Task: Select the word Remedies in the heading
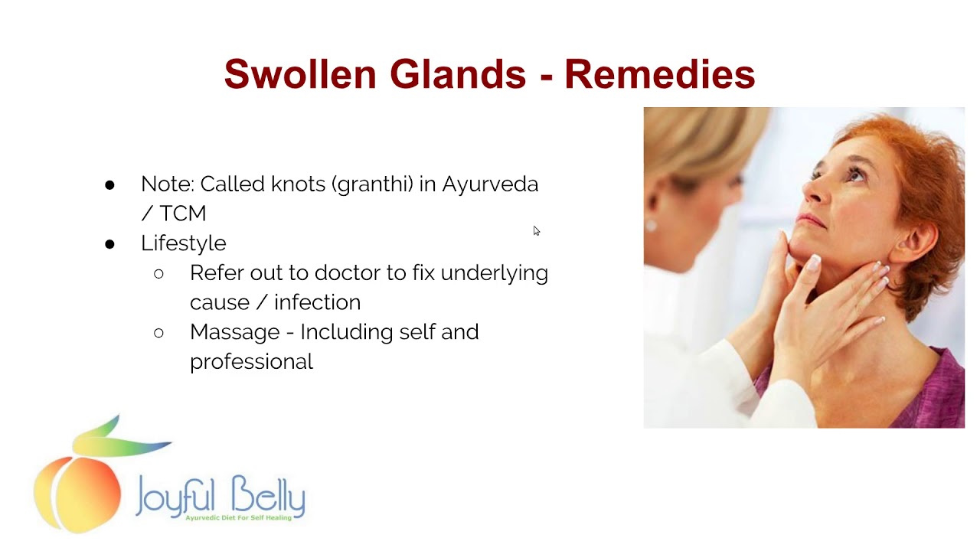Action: point(659,74)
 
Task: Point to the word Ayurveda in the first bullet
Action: point(490,184)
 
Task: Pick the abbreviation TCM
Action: point(183,214)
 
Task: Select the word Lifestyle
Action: point(184,243)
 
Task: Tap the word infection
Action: point(317,302)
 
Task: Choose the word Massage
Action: point(234,332)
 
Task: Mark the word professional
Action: point(251,361)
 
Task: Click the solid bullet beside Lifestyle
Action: point(109,244)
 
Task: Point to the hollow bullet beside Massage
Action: point(158,333)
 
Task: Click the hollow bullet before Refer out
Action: point(158,274)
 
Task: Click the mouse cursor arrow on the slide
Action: point(536,230)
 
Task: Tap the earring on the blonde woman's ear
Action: point(652,226)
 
